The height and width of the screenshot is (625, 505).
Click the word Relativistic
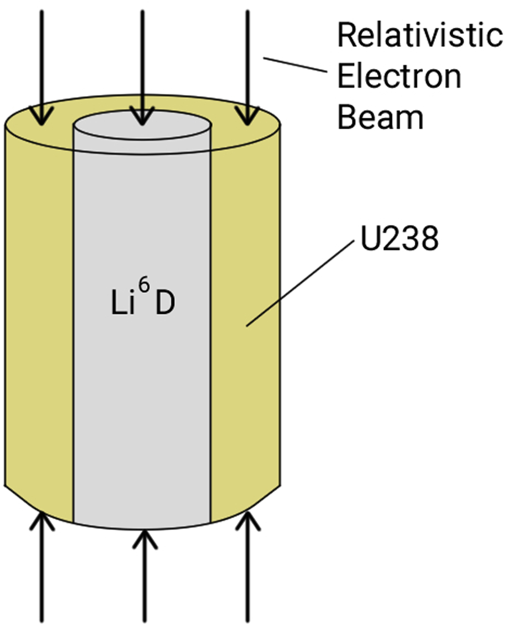click(x=420, y=35)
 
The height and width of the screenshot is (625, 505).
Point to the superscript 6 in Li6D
click(x=144, y=285)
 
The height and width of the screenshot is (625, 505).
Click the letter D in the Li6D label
click(x=165, y=303)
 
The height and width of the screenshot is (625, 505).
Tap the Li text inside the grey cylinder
click(x=123, y=303)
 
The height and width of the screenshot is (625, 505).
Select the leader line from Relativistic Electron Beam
click(x=295, y=65)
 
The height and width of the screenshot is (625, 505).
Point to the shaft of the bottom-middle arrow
click(x=144, y=584)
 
